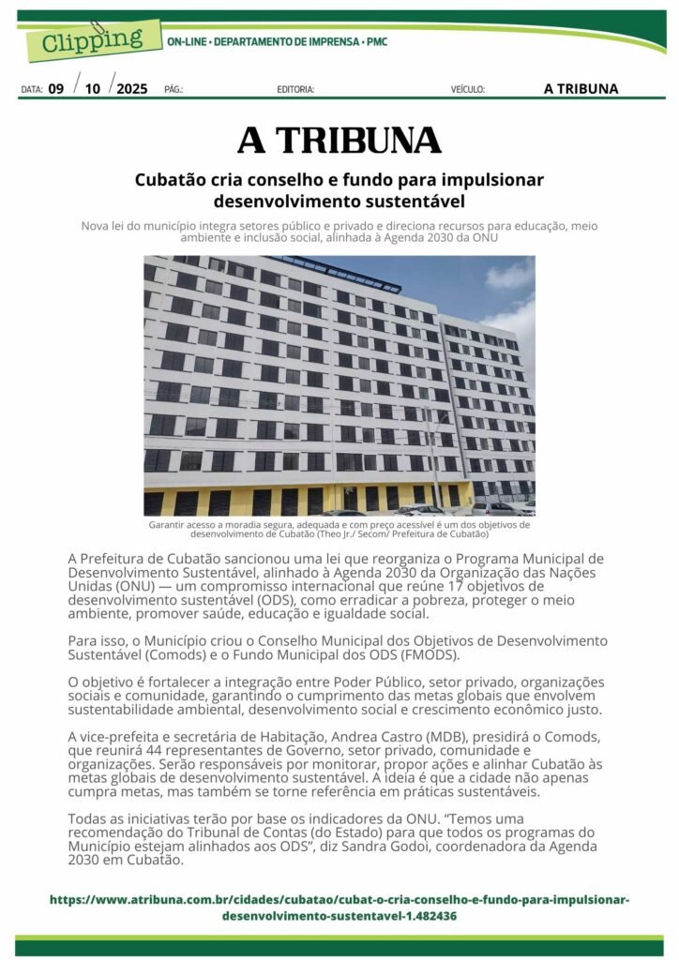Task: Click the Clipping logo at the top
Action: pyautogui.click(x=90, y=39)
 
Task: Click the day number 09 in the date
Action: pyautogui.click(x=56, y=89)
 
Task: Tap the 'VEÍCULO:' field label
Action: pyautogui.click(x=468, y=90)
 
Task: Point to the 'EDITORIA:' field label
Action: pyautogui.click(x=295, y=90)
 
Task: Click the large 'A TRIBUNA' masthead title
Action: pyautogui.click(x=339, y=140)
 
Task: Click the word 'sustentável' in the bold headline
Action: pyautogui.click(x=412, y=200)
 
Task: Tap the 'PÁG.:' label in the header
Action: pyautogui.click(x=173, y=90)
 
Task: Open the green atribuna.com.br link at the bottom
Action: pyautogui.click(x=339, y=907)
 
